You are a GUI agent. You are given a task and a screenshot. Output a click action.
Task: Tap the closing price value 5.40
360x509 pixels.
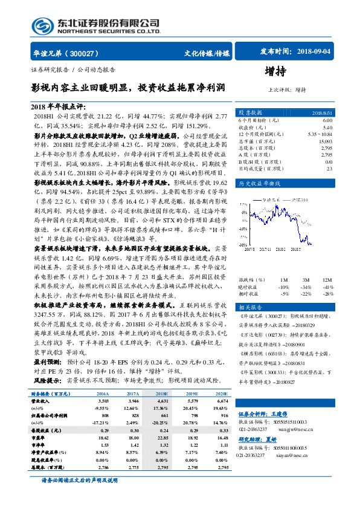point(327,127)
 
